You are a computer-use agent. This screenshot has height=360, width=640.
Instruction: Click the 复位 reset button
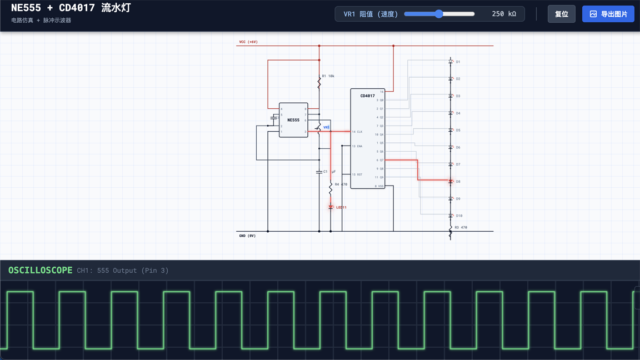[561, 14]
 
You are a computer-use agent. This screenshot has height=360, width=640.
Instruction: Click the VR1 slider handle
[439, 14]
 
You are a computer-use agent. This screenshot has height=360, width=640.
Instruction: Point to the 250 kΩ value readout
[503, 14]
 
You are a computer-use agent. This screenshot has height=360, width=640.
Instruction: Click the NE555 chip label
[293, 120]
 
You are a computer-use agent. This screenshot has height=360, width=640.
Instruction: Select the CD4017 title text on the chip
[367, 96]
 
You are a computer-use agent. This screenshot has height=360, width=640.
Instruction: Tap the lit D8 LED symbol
[451, 181]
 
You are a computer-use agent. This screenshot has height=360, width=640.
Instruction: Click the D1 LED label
[458, 62]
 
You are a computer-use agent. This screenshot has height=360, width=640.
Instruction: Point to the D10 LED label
[459, 216]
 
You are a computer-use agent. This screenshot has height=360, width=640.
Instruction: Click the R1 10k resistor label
[328, 76]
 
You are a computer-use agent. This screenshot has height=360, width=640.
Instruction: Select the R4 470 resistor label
[341, 184]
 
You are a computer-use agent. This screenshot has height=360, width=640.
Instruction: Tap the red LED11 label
[341, 207]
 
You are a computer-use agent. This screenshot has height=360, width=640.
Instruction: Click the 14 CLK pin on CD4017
[357, 132]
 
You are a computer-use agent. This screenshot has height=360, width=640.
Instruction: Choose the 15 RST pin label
[357, 174]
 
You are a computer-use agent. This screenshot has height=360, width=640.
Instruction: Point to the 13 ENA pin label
[357, 146]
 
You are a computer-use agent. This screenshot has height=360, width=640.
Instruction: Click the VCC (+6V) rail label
[248, 42]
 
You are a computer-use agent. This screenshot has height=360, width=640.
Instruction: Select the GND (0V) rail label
[247, 236]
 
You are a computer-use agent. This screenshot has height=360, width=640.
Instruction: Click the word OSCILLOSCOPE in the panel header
[40, 270]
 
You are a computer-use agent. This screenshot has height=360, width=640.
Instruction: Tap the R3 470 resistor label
[461, 227]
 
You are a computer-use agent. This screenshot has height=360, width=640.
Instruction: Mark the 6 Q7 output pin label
[380, 160]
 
